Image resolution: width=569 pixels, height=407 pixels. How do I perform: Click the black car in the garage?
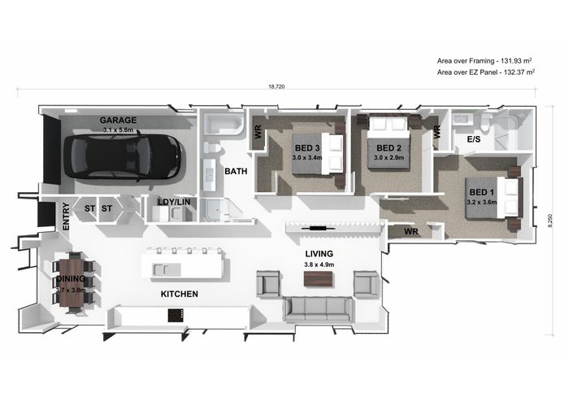point(122,156)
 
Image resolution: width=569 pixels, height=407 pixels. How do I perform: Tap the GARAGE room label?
point(119,120)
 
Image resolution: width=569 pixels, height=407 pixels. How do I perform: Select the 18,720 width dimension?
point(276,86)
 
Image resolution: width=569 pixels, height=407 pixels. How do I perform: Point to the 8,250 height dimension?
point(550,221)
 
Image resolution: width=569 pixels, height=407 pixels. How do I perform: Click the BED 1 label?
point(481,192)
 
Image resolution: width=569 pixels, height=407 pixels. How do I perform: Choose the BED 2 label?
point(389,148)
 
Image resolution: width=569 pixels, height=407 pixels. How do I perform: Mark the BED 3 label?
point(307,148)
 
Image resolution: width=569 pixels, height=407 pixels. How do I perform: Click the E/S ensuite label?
point(474,139)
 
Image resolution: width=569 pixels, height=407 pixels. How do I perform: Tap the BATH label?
point(236,171)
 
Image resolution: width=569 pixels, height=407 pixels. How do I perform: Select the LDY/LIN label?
point(174,202)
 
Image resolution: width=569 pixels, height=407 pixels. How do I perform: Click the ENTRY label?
point(66,217)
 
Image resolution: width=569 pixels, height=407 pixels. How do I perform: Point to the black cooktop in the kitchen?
point(176,315)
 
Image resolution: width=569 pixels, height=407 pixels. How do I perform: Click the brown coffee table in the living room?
point(319,279)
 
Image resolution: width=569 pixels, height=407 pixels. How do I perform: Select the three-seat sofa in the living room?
point(318,309)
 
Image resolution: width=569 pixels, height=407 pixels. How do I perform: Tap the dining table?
point(72,282)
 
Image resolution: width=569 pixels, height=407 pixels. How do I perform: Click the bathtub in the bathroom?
point(224,124)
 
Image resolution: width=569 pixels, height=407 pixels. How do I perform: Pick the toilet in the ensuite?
point(485,122)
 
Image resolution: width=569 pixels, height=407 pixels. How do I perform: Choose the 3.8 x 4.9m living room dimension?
point(319,265)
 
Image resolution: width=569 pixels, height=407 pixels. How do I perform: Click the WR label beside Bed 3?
point(258,132)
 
